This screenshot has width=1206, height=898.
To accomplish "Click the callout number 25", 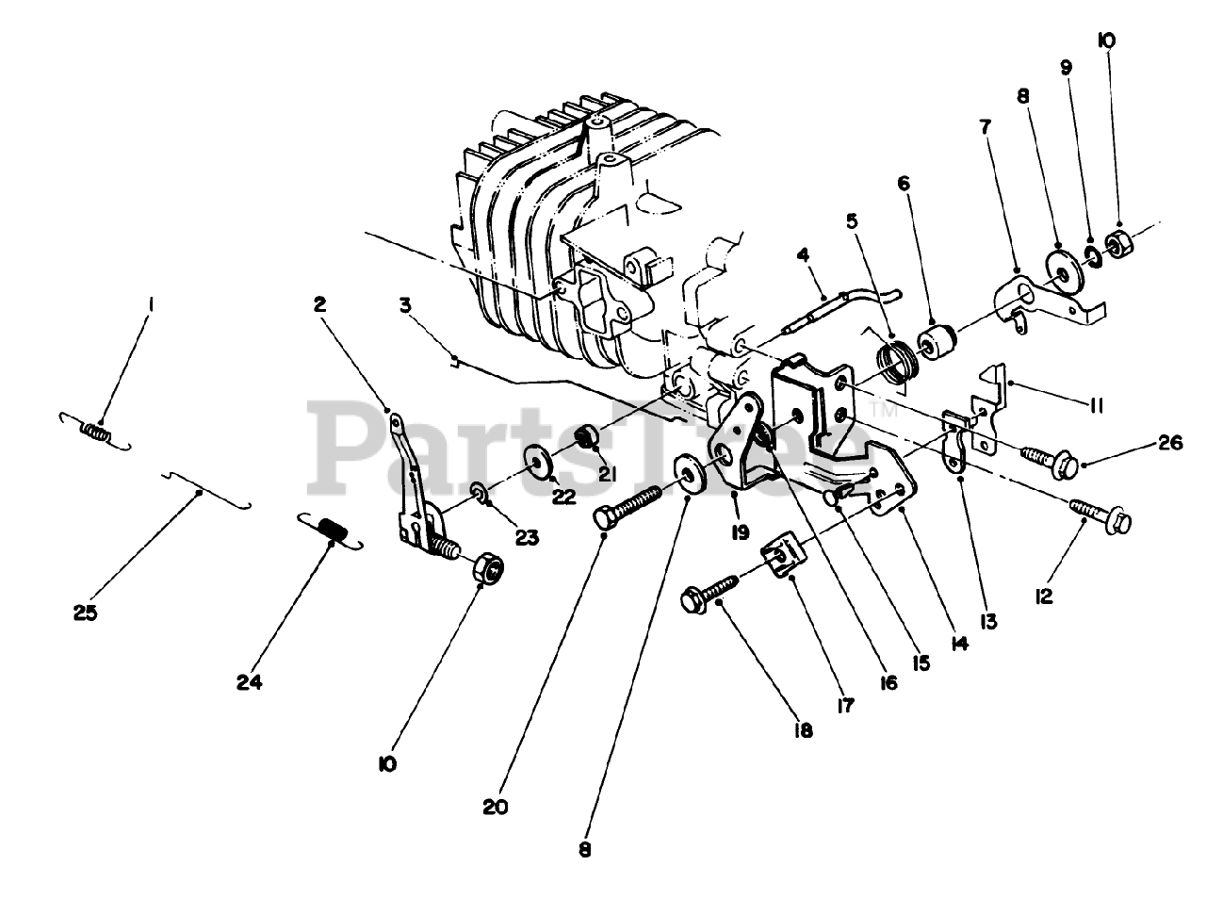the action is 86,612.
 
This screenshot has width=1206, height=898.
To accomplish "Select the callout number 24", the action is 250,681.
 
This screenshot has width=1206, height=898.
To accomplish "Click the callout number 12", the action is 1044,596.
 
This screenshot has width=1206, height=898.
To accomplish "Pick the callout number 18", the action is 802,730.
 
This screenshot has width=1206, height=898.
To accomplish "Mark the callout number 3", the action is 404,304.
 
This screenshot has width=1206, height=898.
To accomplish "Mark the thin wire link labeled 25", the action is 203,490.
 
